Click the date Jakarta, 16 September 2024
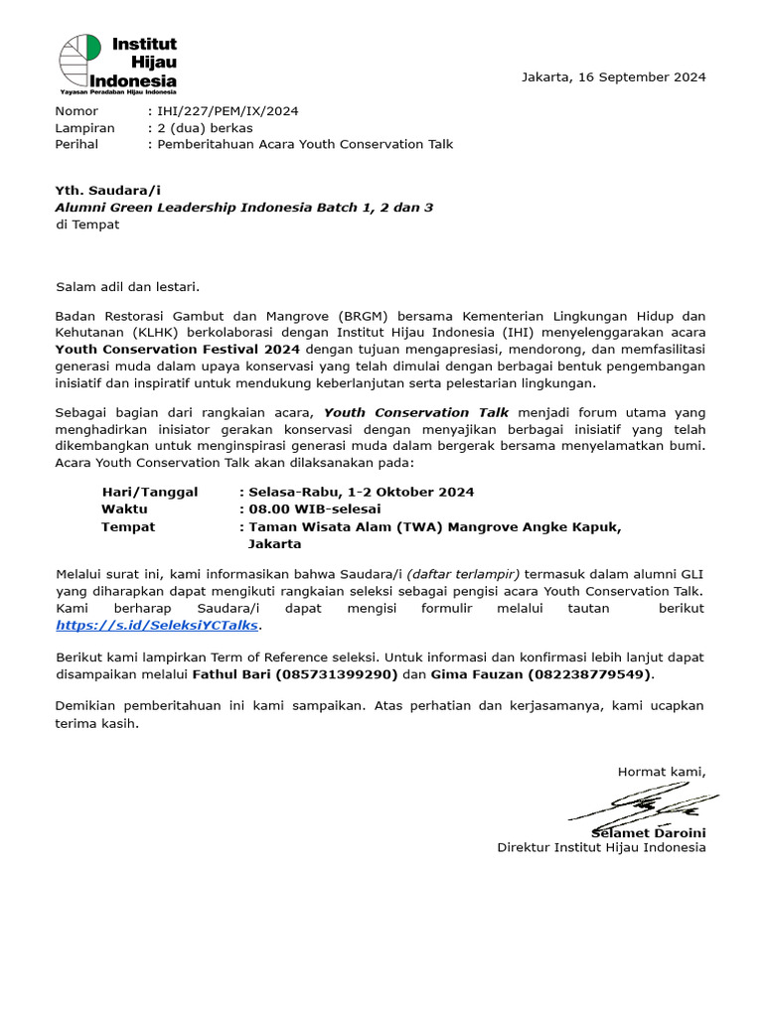(613, 77)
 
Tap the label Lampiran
(84, 128)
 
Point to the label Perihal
(77, 144)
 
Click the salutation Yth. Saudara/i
(107, 191)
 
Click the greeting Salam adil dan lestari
(128, 287)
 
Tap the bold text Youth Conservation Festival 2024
(178, 350)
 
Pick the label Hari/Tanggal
(149, 492)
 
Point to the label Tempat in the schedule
(128, 526)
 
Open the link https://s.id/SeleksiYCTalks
(157, 625)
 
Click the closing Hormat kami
(662, 771)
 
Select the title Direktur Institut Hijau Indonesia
(601, 847)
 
